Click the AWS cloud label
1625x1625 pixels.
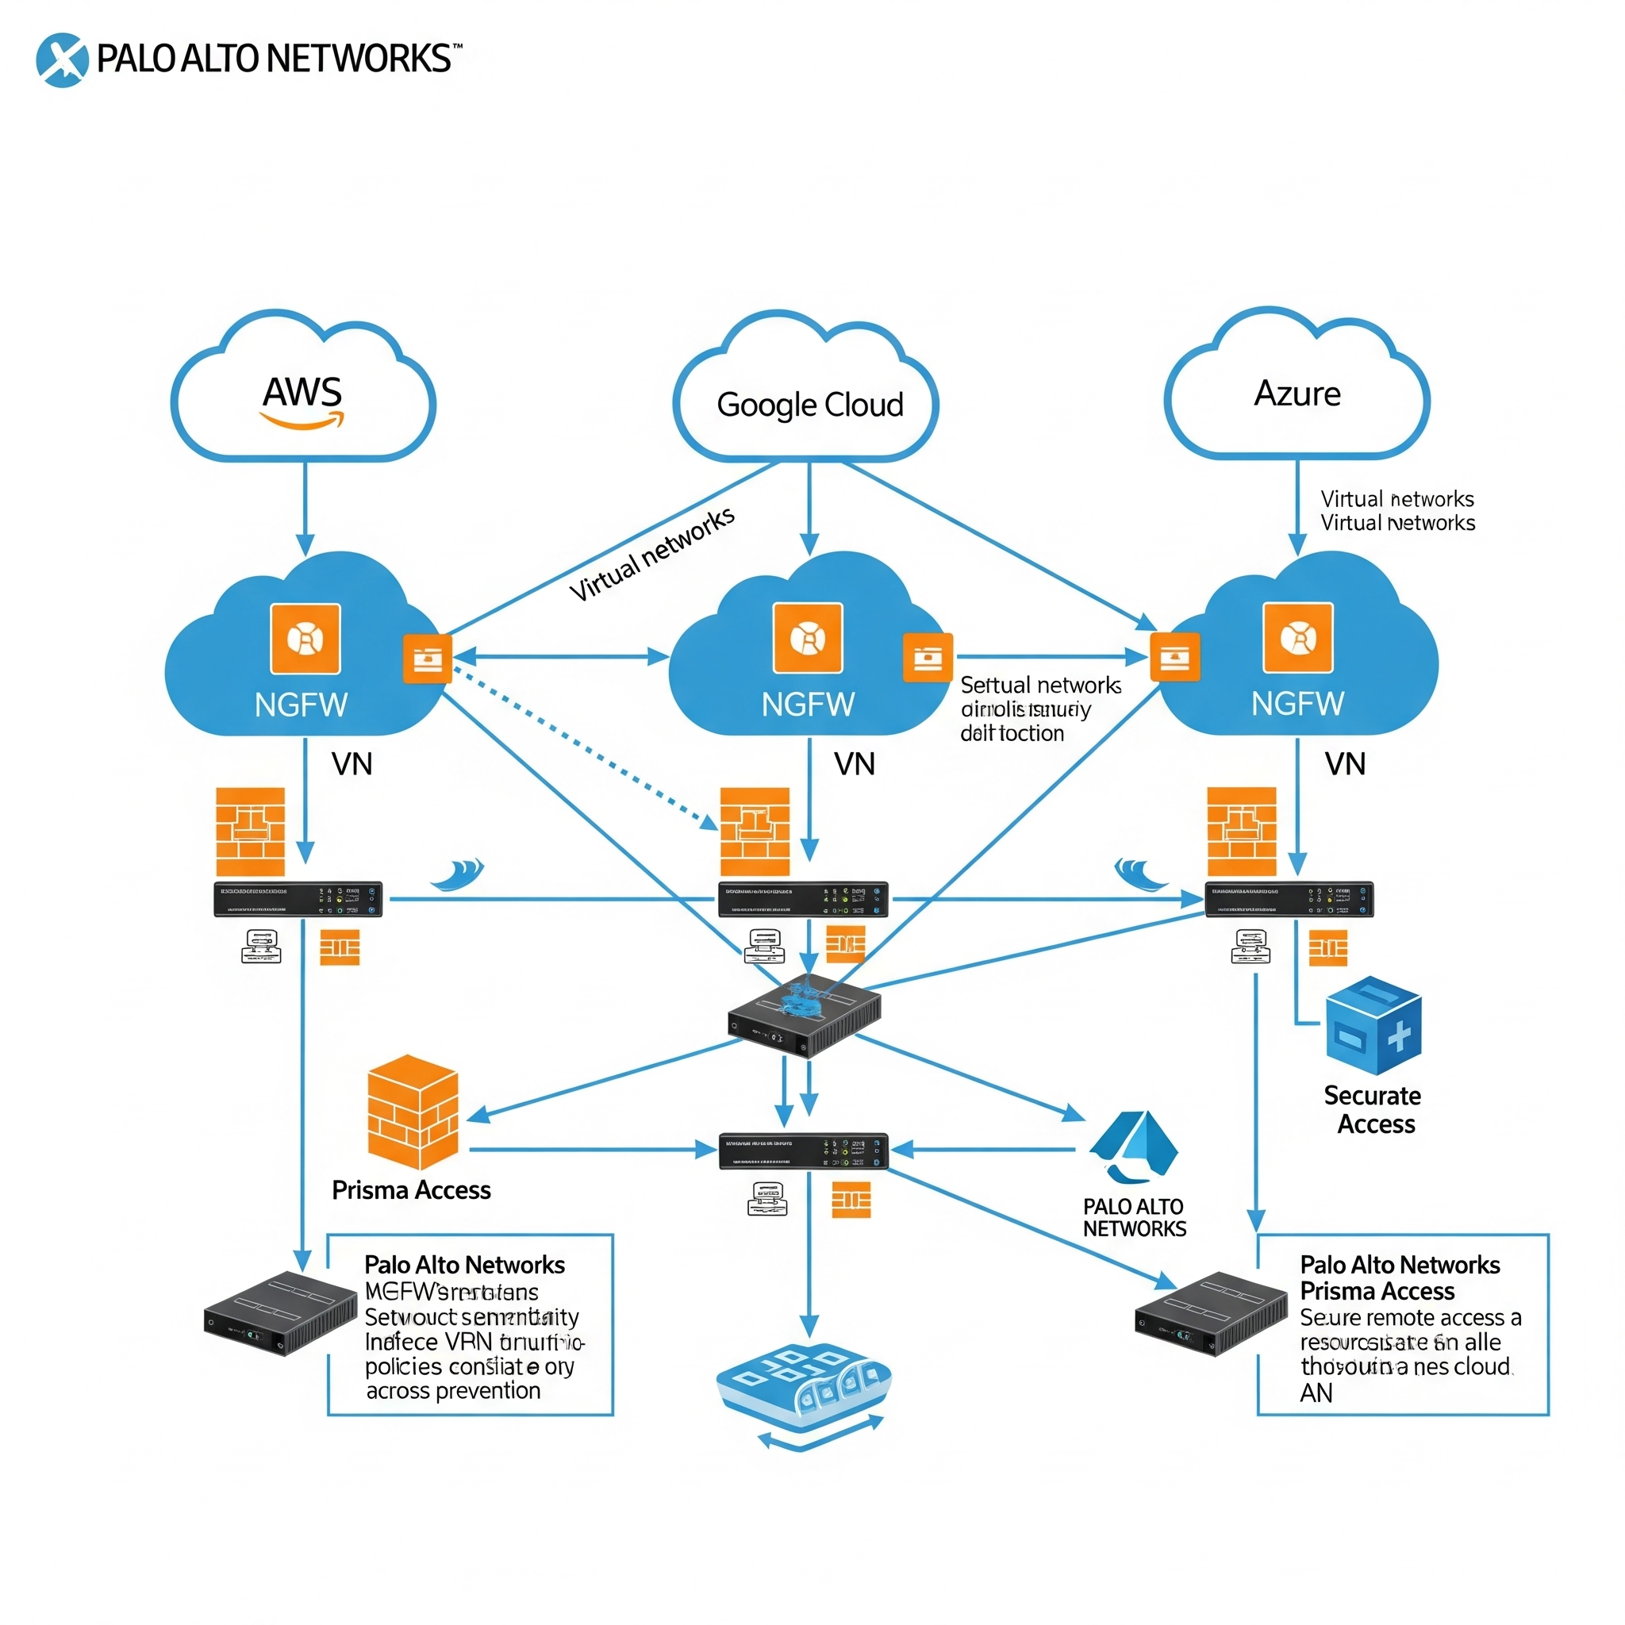click(302, 393)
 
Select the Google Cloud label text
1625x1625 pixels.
click(809, 405)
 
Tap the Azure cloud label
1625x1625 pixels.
click(1297, 394)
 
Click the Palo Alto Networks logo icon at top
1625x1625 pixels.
click(62, 60)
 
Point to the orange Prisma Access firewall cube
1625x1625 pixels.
click(413, 1111)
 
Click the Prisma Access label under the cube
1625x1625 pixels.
click(411, 1190)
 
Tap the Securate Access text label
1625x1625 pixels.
click(1373, 1109)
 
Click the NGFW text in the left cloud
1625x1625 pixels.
click(301, 705)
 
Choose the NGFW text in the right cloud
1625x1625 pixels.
click(1297, 704)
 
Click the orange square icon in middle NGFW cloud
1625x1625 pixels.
click(808, 639)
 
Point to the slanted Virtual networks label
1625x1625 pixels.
click(652, 555)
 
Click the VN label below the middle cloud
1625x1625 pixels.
click(855, 764)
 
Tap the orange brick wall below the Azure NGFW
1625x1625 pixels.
click(1242, 832)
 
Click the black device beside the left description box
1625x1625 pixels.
click(280, 1313)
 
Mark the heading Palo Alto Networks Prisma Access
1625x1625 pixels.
click(1400, 1277)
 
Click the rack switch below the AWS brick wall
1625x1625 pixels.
click(298, 899)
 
